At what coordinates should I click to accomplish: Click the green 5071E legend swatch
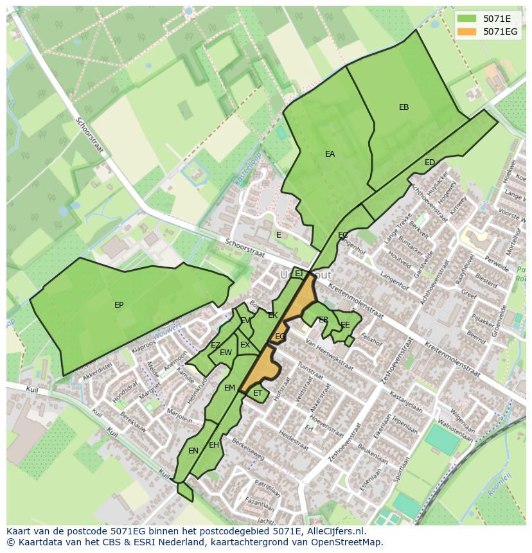click(468, 19)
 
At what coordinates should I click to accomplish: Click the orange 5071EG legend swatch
click(468, 31)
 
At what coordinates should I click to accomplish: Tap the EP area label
click(119, 305)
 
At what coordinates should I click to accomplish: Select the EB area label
click(403, 107)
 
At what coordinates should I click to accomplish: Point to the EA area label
click(330, 154)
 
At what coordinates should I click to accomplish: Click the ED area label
click(430, 162)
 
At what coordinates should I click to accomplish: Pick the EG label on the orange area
click(280, 337)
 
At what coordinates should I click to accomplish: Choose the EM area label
click(229, 388)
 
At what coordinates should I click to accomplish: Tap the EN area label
click(193, 451)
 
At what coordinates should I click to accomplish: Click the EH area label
click(214, 445)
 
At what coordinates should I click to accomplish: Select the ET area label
click(258, 393)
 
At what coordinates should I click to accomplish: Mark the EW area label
click(226, 353)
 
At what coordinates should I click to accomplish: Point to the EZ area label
click(215, 346)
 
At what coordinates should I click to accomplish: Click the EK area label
click(272, 315)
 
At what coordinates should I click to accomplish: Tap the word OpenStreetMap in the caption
click(348, 542)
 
